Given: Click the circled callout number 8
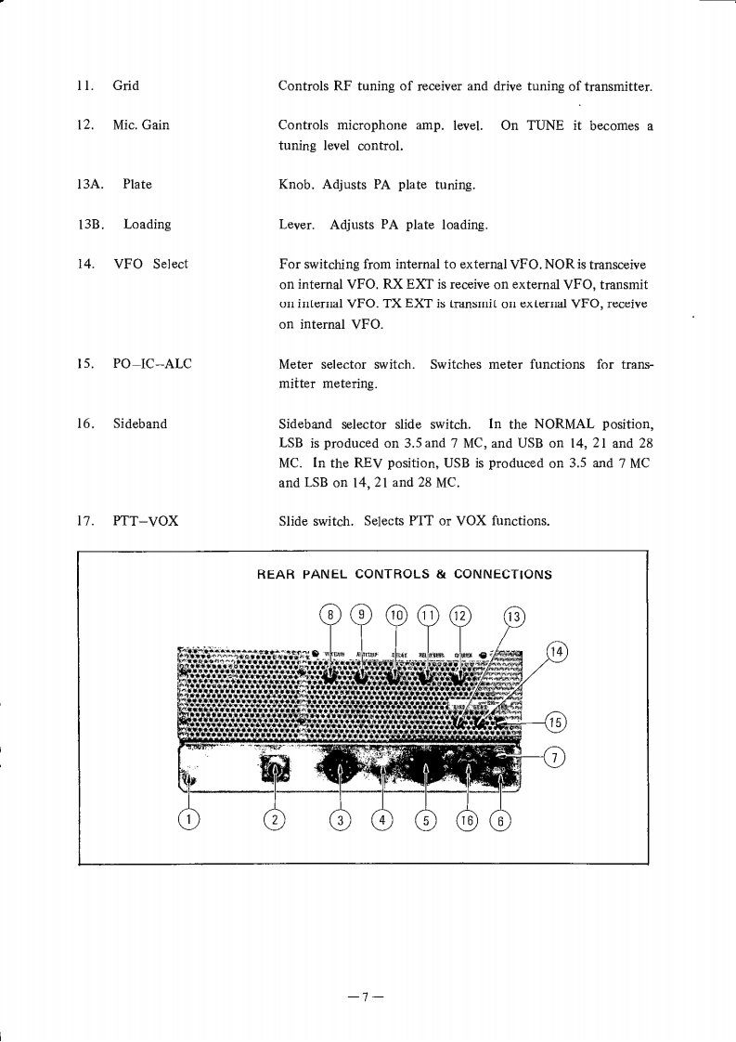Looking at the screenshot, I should coord(329,614).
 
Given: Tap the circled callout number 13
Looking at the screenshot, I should coord(513,618).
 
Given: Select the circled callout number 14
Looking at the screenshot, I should coord(556,651).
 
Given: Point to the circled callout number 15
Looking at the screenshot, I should coord(556,722).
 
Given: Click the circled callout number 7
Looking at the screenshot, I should coord(554,758).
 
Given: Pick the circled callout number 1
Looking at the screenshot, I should coord(189,818).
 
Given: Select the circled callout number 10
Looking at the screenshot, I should coord(397,614).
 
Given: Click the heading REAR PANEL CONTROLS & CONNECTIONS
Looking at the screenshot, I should coord(404,574).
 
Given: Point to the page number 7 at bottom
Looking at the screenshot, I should coord(367,996).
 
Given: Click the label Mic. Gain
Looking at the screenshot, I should coord(141,124).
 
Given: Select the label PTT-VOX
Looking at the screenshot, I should coord(146,520).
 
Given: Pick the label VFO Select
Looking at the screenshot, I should coord(150,264).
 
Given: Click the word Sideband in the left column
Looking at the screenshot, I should coord(140,423).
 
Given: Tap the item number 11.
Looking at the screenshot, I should coord(85,86).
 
